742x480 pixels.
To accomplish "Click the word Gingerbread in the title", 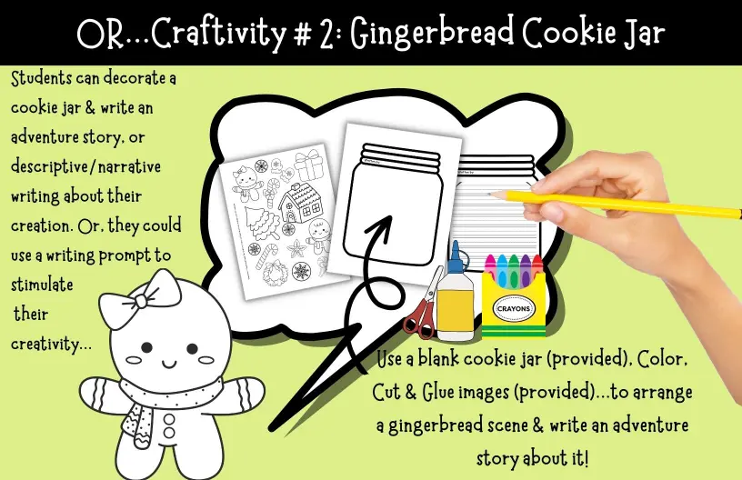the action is tap(432, 33).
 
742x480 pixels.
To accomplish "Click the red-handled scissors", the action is tap(424, 302).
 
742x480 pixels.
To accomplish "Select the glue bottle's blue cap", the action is tap(456, 258).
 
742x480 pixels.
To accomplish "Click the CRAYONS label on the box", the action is tap(514, 308).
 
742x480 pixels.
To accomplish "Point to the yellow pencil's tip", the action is tap(490, 194).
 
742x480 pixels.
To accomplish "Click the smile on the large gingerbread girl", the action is tap(168, 365).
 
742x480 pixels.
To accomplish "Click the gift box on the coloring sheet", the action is tap(308, 165).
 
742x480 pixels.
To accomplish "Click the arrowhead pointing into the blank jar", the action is tap(380, 226).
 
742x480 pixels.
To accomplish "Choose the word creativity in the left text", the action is tap(51, 345).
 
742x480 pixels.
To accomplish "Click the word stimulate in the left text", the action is tap(42, 285).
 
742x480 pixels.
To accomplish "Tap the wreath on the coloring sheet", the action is tap(275, 274).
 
